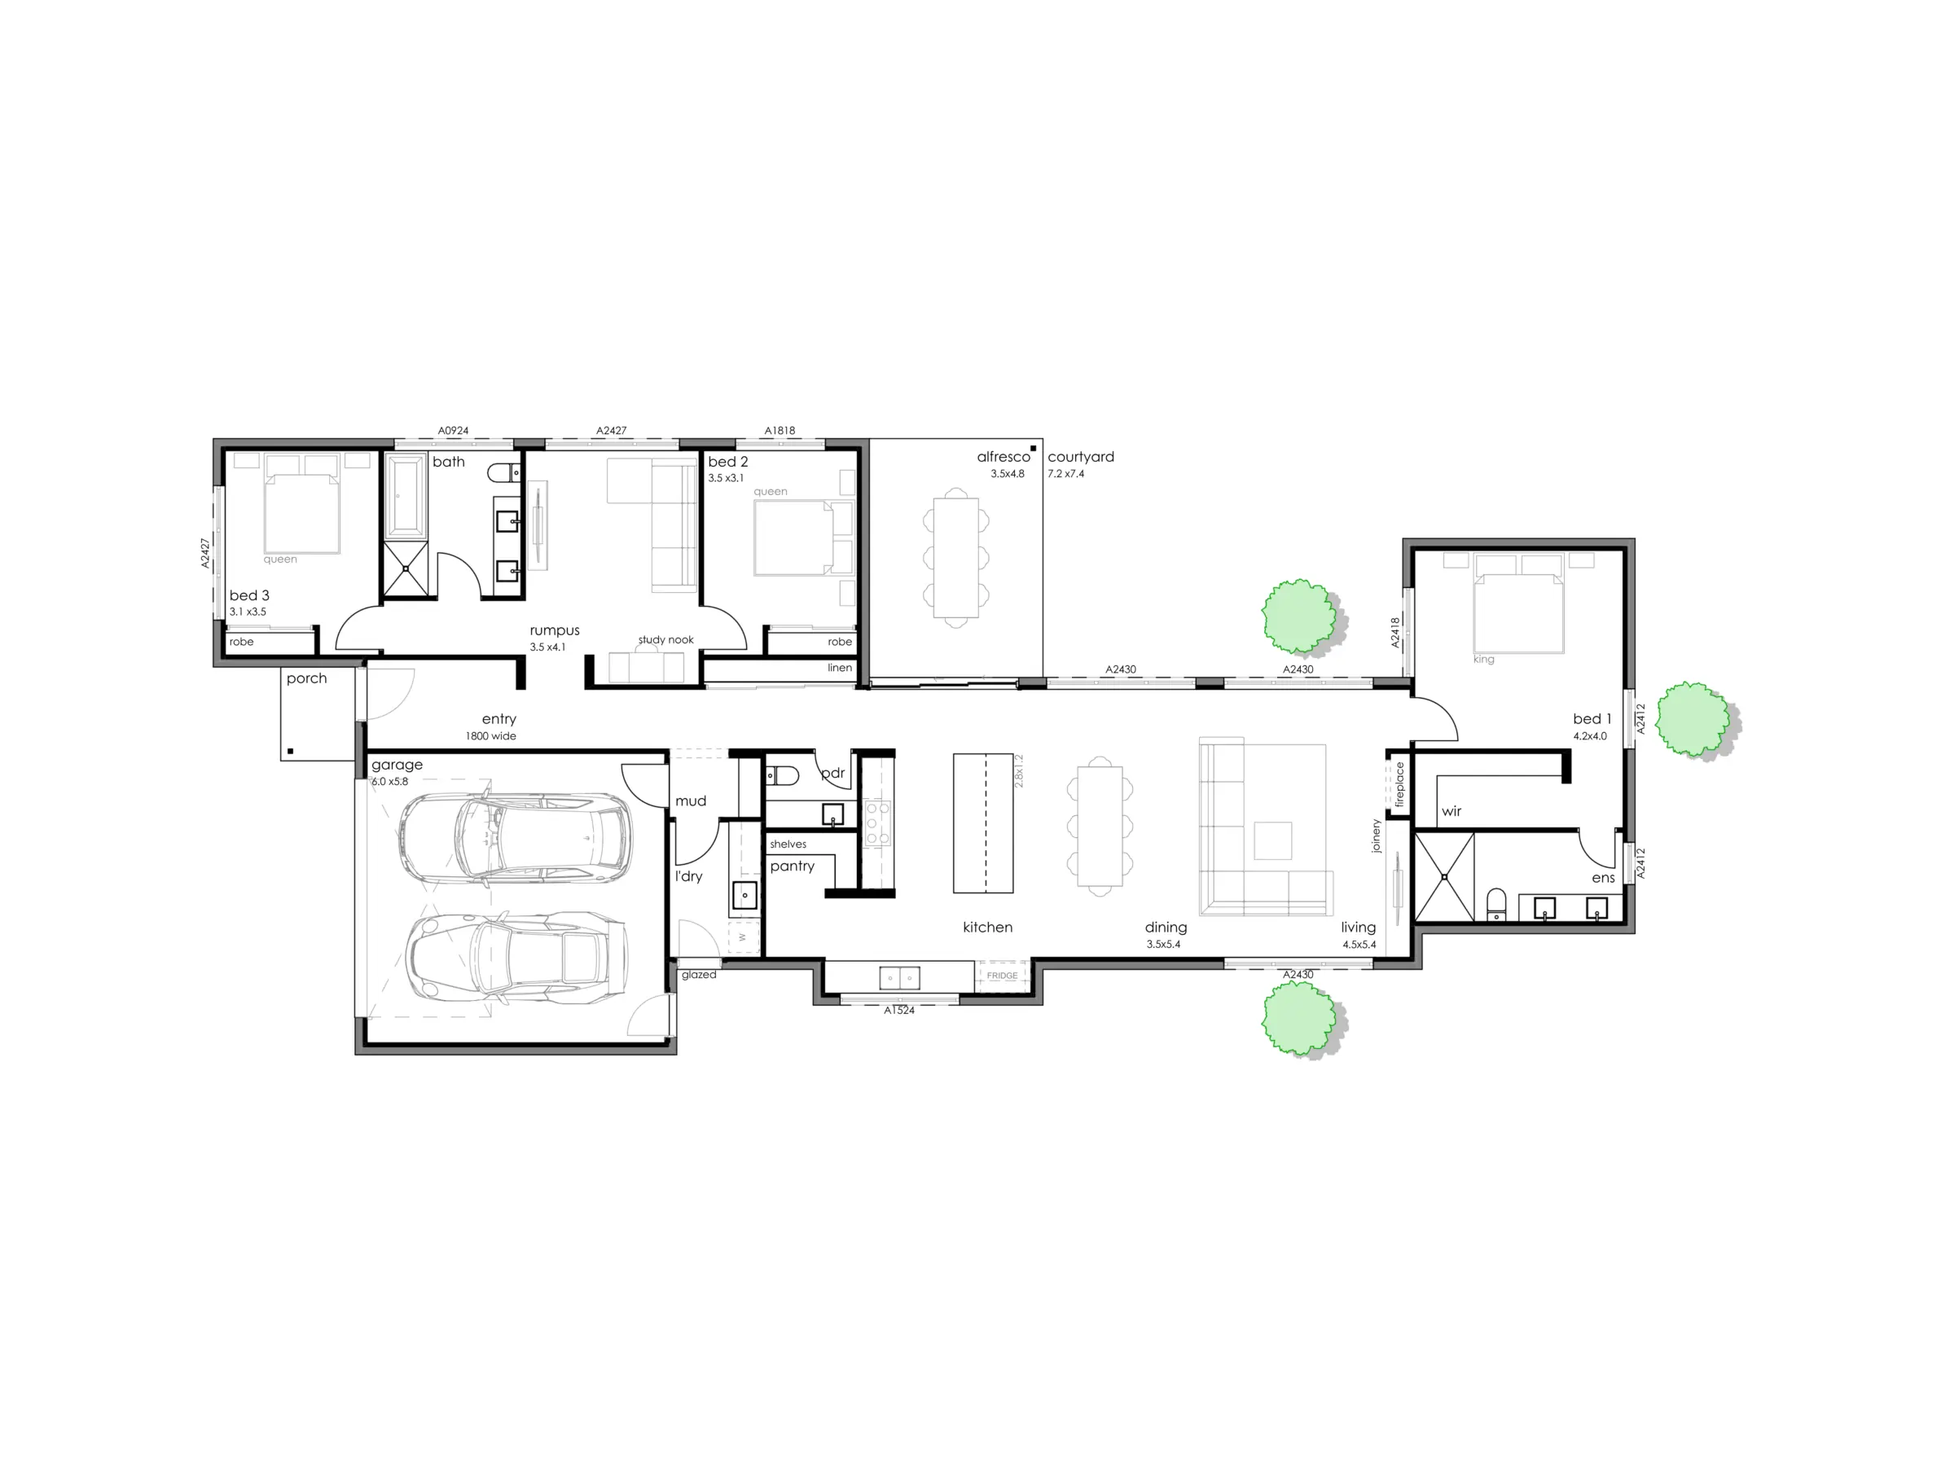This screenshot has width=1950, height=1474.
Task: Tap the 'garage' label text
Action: click(397, 766)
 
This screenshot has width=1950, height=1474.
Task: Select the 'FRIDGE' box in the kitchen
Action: click(1003, 976)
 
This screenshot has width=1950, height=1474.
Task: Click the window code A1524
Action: click(899, 1011)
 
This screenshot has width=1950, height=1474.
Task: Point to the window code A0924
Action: click(453, 431)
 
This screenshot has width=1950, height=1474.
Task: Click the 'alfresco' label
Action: click(1004, 457)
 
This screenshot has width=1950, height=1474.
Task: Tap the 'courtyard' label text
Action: click(1081, 457)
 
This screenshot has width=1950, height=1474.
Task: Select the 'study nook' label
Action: click(665, 640)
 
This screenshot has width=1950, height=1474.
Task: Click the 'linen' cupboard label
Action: click(839, 667)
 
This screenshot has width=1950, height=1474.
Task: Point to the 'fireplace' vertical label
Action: click(1399, 784)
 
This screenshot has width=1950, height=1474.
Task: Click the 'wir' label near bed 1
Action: click(1451, 811)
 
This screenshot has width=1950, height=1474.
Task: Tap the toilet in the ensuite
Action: click(1497, 904)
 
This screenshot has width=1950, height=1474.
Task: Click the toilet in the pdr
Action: click(782, 776)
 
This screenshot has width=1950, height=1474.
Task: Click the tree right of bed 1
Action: click(1693, 719)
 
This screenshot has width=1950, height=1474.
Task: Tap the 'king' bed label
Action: click(1483, 660)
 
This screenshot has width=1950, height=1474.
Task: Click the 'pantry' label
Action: click(792, 866)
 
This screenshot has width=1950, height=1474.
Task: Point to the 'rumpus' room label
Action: click(555, 630)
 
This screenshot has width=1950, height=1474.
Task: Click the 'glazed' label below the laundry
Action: click(698, 975)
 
